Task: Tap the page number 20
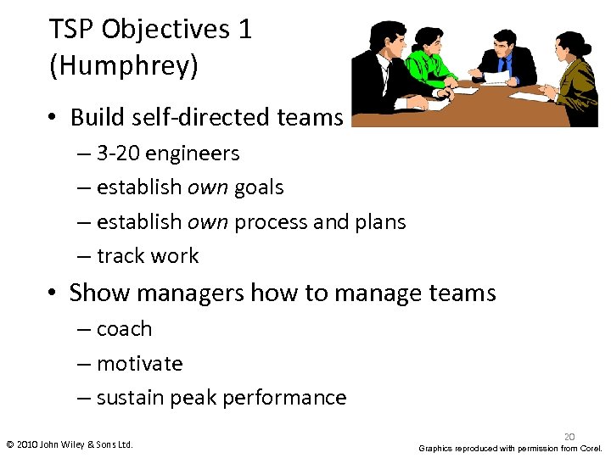point(569,436)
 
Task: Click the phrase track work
point(148,256)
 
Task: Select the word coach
point(124,329)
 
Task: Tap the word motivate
point(139,364)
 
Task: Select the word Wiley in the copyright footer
point(74,444)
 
